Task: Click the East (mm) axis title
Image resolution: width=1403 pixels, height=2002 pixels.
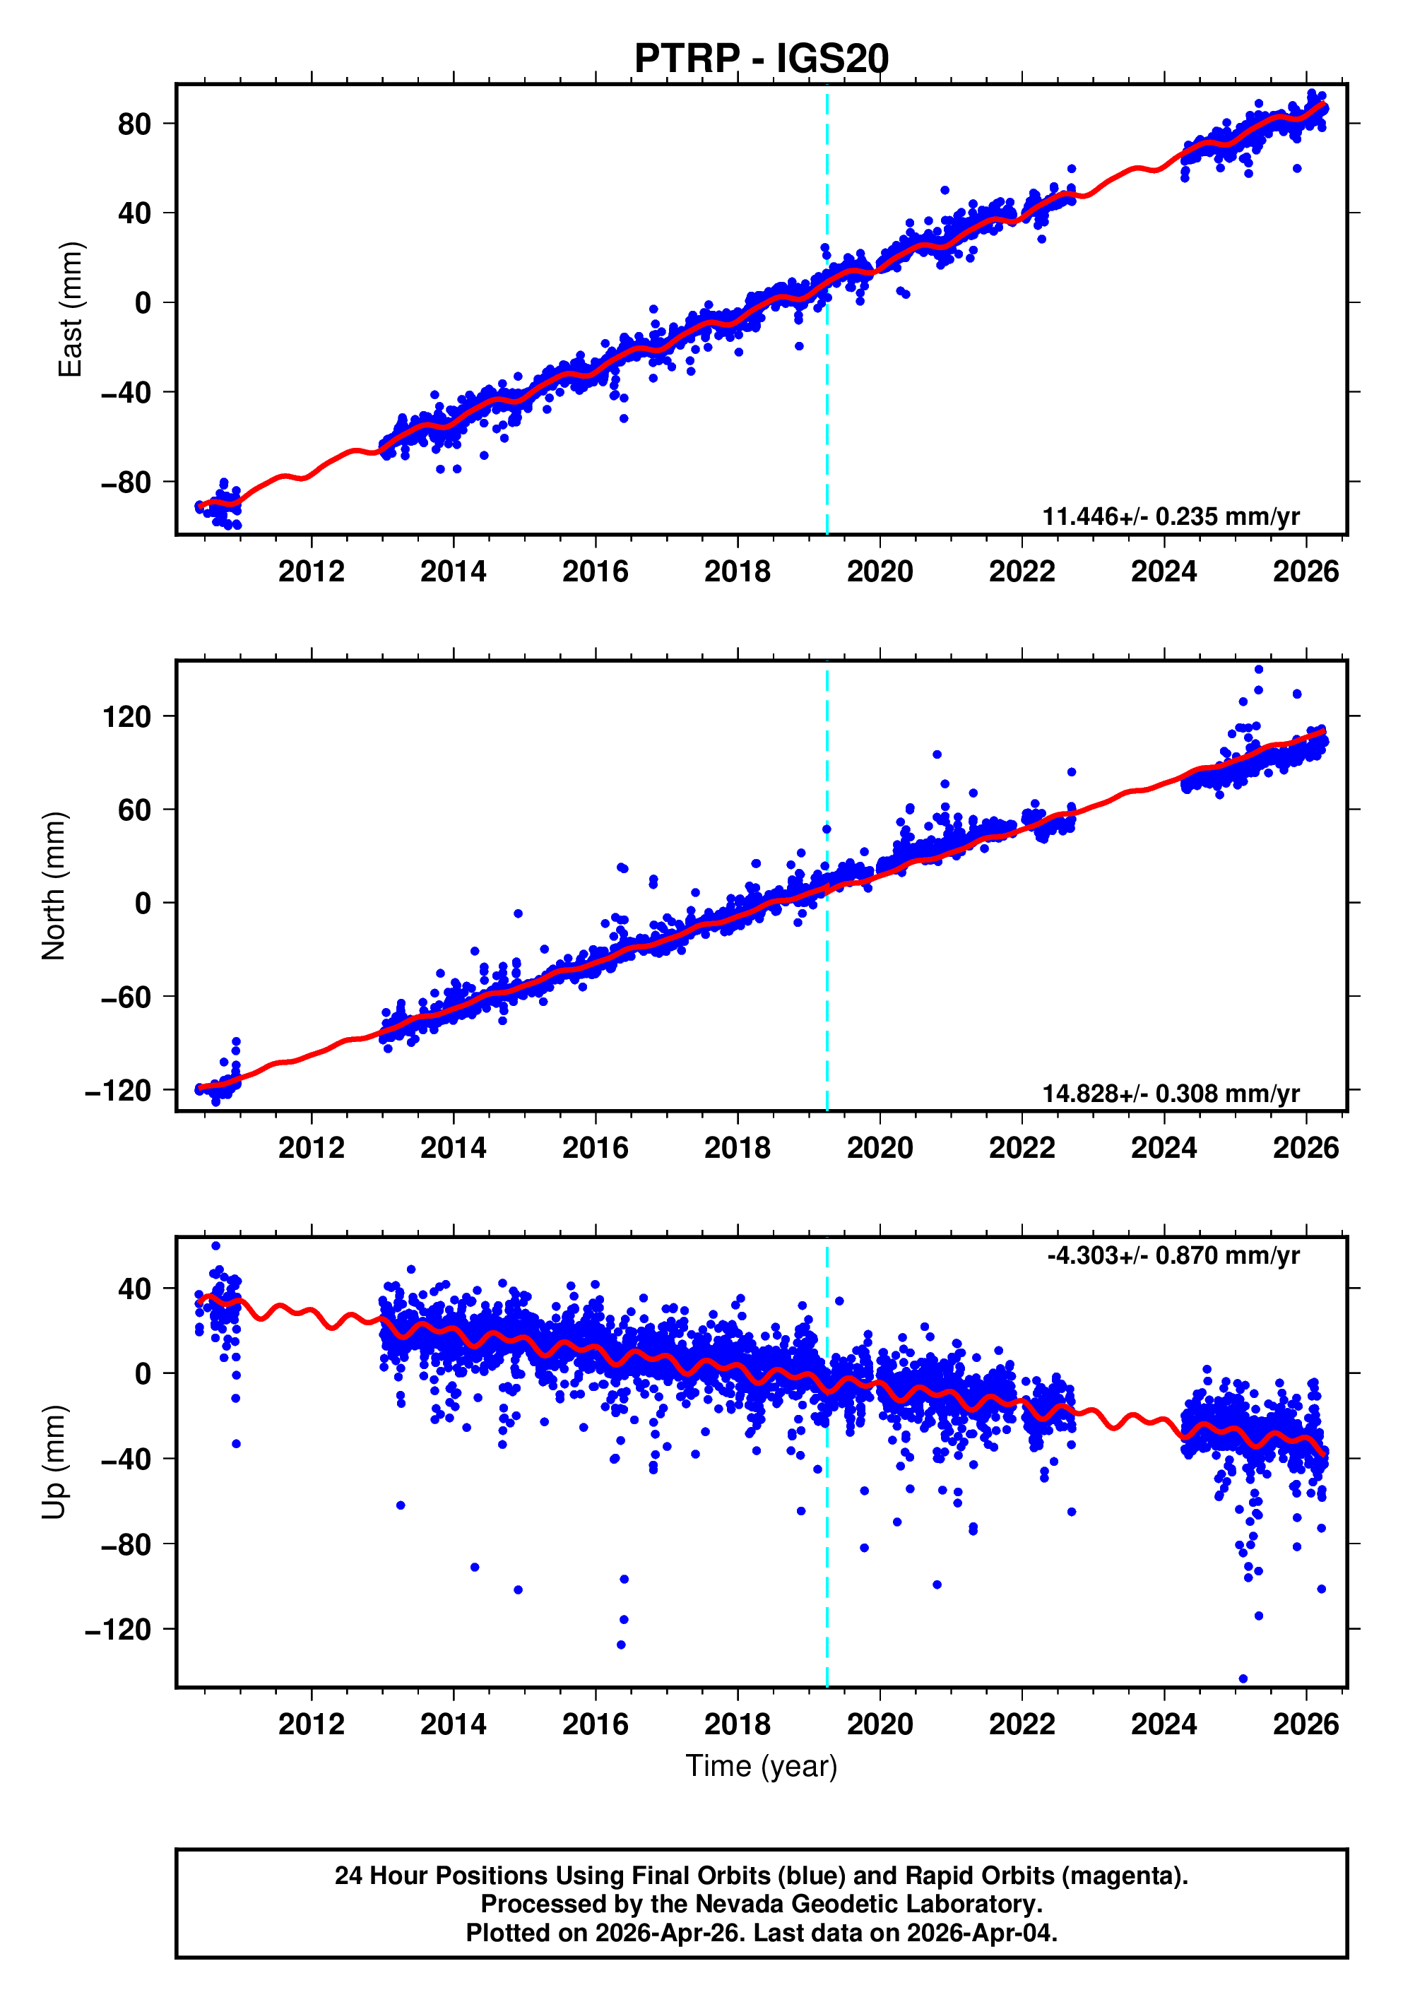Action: click(x=70, y=309)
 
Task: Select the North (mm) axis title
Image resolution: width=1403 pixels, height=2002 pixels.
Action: click(x=54, y=886)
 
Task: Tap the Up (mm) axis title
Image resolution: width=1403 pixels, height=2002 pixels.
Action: click(x=54, y=1462)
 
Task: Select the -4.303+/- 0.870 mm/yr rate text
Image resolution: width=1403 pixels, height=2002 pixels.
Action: click(x=1173, y=1255)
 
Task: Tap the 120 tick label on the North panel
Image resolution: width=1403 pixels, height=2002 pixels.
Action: click(x=126, y=717)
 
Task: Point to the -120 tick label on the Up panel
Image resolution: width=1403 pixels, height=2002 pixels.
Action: click(x=118, y=1629)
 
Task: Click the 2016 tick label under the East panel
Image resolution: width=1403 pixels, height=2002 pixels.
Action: click(x=595, y=572)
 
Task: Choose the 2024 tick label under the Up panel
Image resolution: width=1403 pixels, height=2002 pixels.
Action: click(x=1164, y=1724)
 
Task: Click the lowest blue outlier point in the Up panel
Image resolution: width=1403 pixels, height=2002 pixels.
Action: click(x=1243, y=1678)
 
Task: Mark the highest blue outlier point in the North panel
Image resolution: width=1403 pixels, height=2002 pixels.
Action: click(x=1258, y=670)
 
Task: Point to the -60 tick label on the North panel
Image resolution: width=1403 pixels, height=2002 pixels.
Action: click(x=126, y=997)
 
